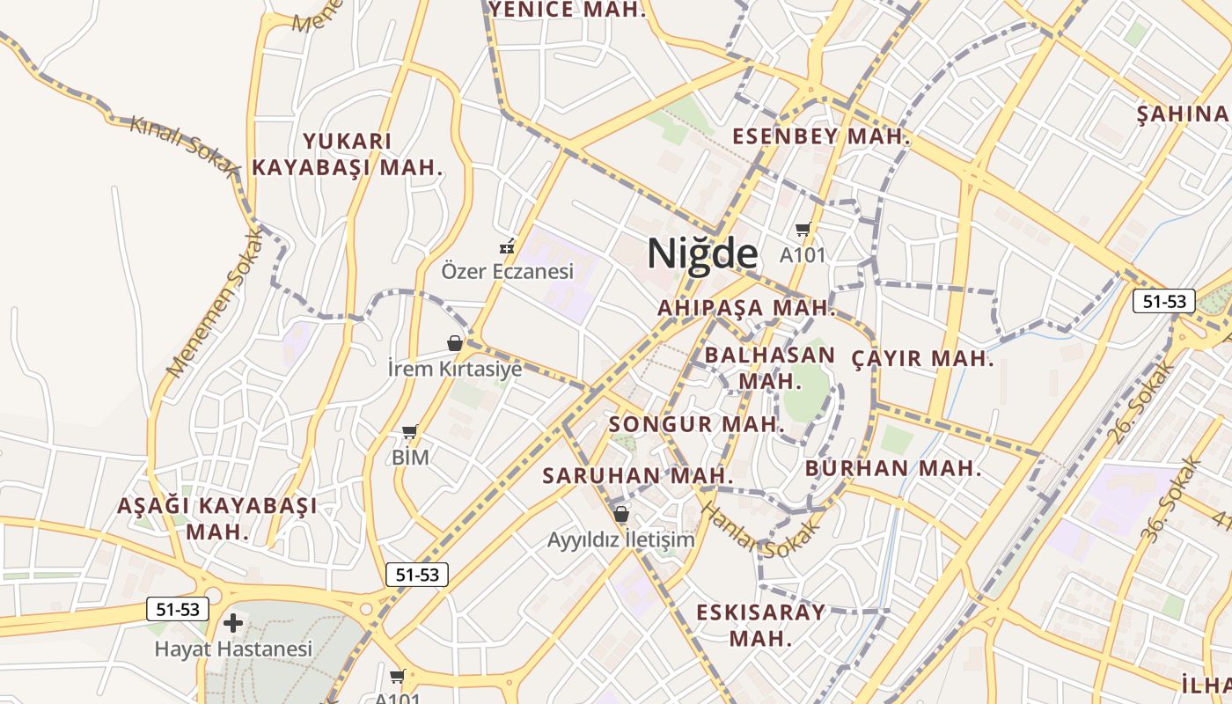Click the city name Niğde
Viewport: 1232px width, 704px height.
tap(702, 253)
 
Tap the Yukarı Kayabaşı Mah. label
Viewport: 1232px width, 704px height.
tap(348, 154)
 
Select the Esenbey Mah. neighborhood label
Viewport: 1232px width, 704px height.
tap(821, 136)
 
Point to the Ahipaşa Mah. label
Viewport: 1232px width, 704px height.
tap(746, 308)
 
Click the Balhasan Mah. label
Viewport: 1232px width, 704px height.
tap(769, 368)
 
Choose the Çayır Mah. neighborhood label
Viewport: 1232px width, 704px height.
tap(923, 359)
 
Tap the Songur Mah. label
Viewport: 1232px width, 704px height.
tap(695, 424)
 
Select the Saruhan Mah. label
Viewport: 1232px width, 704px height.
tap(637, 475)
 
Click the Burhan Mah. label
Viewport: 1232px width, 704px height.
tap(892, 468)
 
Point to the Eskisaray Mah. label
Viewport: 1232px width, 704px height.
tap(761, 625)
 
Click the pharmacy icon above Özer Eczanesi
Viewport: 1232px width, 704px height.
tap(507, 246)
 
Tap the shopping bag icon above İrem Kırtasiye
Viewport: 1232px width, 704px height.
tap(455, 343)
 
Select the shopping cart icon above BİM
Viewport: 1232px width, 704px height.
tap(409, 432)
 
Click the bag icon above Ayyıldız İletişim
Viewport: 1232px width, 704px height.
tap(621, 514)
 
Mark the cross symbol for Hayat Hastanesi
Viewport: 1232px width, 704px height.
tap(233, 624)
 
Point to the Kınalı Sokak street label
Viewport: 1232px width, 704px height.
tap(184, 145)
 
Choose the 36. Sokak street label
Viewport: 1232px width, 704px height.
tap(1170, 497)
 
